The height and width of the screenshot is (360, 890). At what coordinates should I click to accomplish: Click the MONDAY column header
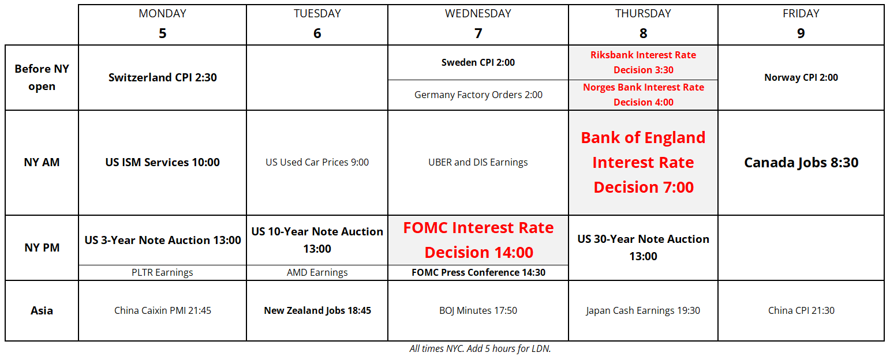[162, 13]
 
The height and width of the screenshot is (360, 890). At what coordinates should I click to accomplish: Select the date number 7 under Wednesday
[478, 33]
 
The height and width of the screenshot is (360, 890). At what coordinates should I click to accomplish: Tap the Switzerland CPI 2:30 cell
[163, 77]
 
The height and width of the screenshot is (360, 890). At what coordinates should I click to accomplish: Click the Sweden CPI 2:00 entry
[478, 62]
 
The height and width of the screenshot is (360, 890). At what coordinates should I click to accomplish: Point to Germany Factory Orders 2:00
[478, 95]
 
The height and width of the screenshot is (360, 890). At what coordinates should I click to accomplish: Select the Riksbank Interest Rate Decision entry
[644, 62]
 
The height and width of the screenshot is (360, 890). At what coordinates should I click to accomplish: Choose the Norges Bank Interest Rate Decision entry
[644, 95]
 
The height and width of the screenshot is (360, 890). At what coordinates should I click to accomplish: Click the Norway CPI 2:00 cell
[801, 77]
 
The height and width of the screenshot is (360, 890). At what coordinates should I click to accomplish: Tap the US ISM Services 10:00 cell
[163, 162]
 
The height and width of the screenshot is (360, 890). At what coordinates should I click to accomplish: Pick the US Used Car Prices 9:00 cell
[317, 162]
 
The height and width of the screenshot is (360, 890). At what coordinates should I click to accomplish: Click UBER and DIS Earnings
[478, 162]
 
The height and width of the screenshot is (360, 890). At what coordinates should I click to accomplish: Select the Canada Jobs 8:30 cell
[801, 163]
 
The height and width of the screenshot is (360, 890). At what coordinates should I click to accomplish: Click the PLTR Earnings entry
[162, 272]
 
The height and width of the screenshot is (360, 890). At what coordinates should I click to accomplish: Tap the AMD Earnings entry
[317, 272]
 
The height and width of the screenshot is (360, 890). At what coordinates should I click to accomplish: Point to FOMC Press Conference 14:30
[478, 272]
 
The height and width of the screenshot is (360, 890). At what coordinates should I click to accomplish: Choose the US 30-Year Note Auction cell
[644, 247]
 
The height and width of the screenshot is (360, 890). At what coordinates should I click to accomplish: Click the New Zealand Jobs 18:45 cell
[317, 310]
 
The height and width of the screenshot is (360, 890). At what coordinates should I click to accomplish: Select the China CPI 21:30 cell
[801, 310]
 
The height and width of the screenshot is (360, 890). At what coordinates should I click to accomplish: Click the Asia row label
[42, 310]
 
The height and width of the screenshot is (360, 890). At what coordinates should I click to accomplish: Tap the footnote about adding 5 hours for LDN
[480, 348]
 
